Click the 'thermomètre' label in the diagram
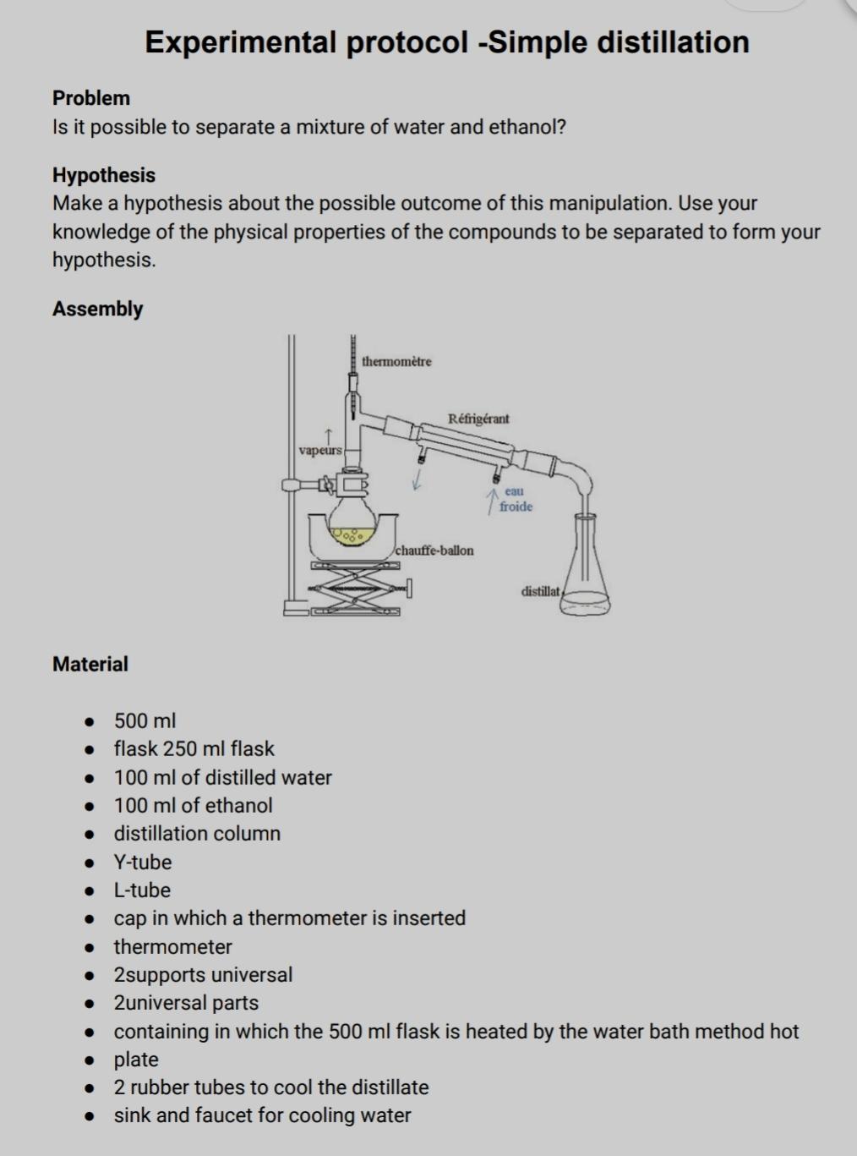click(396, 362)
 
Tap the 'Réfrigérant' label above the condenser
click(478, 419)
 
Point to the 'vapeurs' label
click(320, 451)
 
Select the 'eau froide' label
click(515, 499)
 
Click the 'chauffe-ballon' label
click(434, 551)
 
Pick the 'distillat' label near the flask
click(540, 591)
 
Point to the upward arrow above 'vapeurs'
click(321, 435)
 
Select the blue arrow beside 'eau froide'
click(490, 500)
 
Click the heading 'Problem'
click(91, 98)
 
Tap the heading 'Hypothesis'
click(104, 175)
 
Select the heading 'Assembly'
click(98, 309)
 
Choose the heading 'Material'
click(90, 664)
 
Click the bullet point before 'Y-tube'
click(87, 863)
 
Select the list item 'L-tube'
click(142, 890)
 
